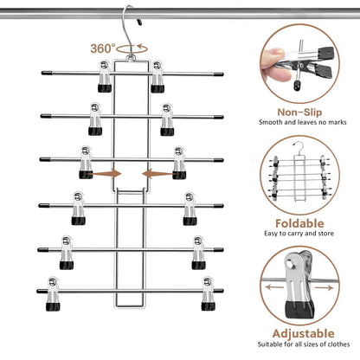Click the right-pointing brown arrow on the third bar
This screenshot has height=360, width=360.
tap(108, 174)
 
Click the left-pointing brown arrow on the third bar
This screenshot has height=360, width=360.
tap(153, 174)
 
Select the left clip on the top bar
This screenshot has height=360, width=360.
tap(105, 77)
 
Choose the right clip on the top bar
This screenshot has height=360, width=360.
tap(157, 77)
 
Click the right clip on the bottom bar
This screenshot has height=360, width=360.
tap(208, 293)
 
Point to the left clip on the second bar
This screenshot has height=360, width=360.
tap(93, 119)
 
